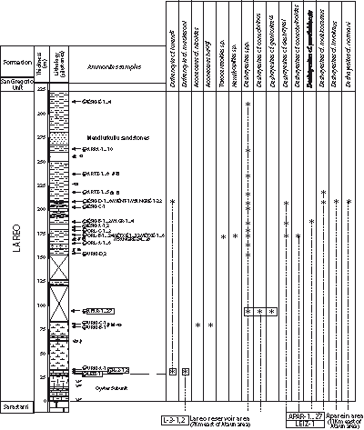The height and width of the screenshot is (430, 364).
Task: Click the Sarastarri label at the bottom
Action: coord(15,405)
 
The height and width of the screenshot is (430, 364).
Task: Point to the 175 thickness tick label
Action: coord(41,234)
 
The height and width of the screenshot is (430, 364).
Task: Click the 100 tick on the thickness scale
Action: coord(41,305)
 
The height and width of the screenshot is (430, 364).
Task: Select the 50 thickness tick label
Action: coord(41,353)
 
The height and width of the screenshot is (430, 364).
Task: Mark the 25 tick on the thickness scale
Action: coord(41,377)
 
